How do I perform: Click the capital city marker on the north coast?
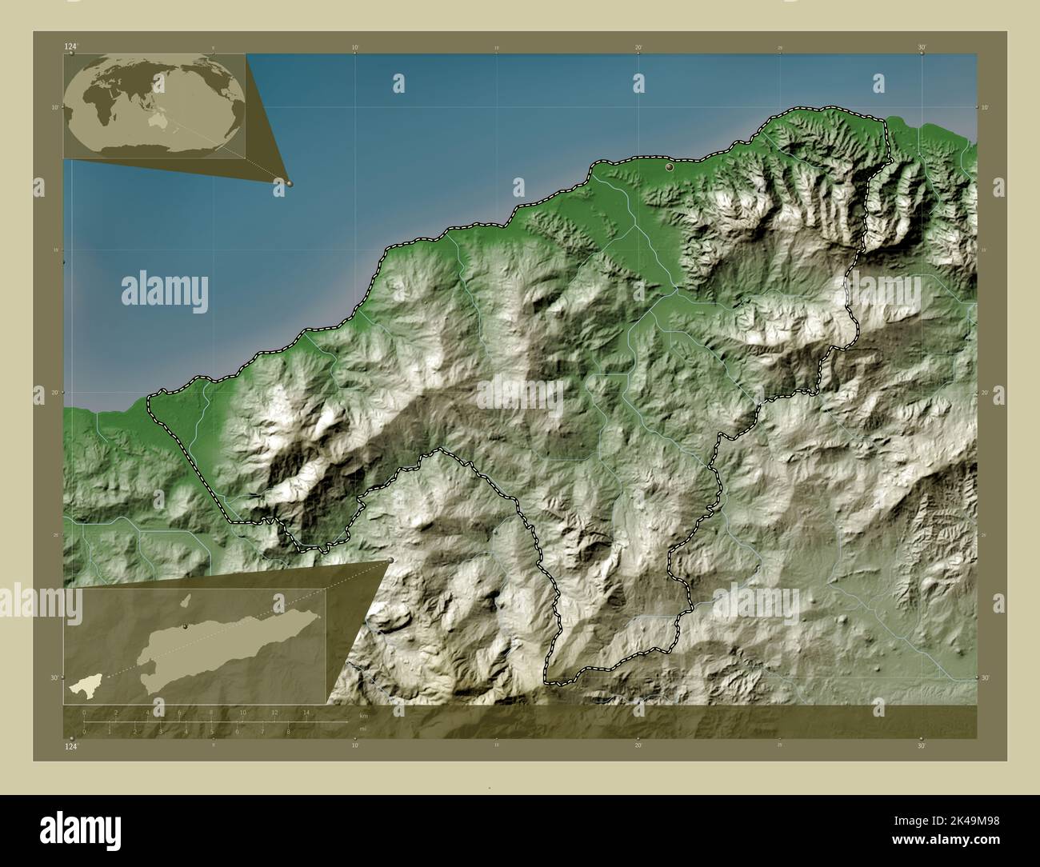[670, 167]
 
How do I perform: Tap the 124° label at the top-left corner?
[71, 47]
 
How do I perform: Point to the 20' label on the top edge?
[638, 47]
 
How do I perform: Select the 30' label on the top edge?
[922, 47]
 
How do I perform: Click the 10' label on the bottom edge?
[355, 745]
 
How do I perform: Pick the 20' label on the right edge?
[984, 393]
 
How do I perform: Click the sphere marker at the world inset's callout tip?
[289, 183]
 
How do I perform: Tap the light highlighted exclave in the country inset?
[81, 685]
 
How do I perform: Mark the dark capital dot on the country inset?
[186, 627]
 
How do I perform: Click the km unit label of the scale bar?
[363, 714]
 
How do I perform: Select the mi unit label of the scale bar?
[362, 729]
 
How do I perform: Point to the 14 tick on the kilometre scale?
[306, 712]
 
